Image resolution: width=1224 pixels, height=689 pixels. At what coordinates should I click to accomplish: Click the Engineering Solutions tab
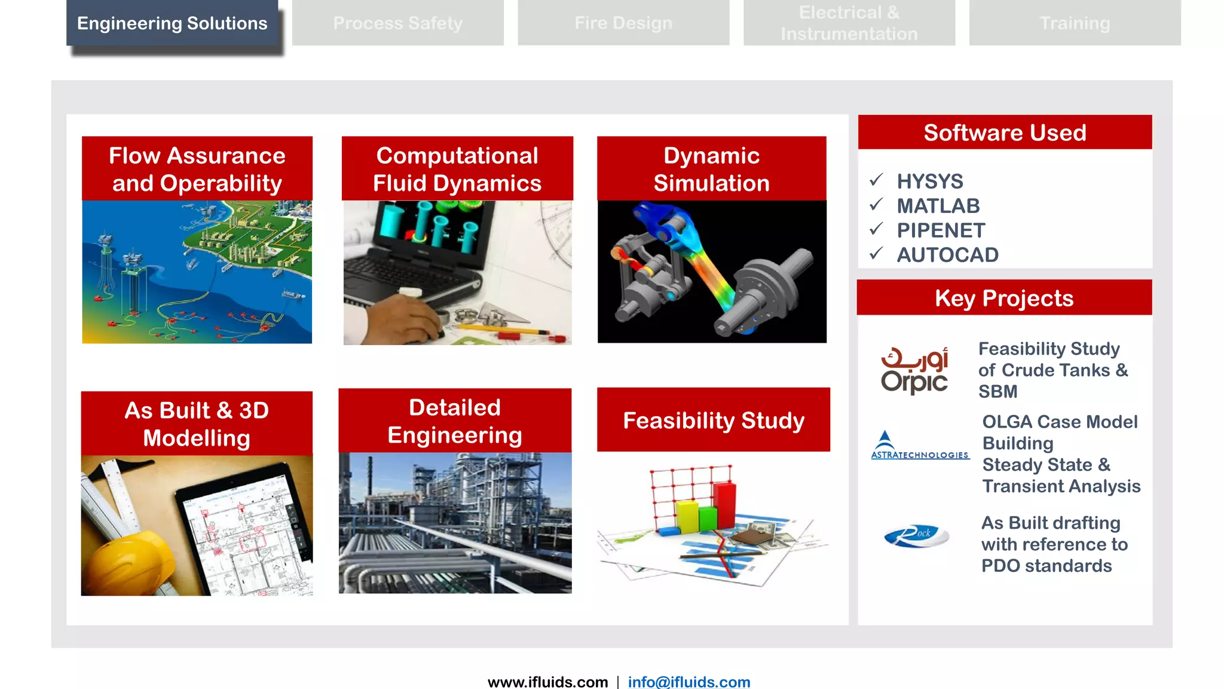tap(172, 23)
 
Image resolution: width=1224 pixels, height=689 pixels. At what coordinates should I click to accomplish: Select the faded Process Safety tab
tap(397, 23)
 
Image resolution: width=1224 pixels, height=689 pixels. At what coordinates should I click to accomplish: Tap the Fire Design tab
tap(623, 23)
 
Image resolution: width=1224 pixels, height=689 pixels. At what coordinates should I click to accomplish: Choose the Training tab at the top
tap(1075, 23)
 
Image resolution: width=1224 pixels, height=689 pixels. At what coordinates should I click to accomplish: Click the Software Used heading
tap(1005, 132)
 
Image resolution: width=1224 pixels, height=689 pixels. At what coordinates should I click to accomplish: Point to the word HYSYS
tap(930, 181)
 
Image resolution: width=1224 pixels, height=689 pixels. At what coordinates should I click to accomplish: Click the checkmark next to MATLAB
tap(876, 205)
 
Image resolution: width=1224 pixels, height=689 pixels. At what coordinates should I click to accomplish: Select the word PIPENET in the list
tap(941, 230)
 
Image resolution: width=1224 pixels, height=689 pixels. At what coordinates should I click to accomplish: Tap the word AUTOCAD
tap(947, 255)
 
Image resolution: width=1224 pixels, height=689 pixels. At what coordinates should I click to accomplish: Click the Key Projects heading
tap(1004, 297)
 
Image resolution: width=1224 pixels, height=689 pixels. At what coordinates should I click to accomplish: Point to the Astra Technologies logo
tap(920, 446)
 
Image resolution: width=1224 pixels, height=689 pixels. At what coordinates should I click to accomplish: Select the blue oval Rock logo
tap(916, 535)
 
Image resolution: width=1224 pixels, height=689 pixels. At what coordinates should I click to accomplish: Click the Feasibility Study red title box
tap(714, 420)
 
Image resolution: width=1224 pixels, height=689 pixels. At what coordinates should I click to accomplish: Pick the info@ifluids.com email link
tap(688, 681)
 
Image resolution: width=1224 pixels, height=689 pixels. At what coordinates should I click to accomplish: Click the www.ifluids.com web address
tap(547, 681)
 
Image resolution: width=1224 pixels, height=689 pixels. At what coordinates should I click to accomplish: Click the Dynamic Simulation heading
tap(711, 169)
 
